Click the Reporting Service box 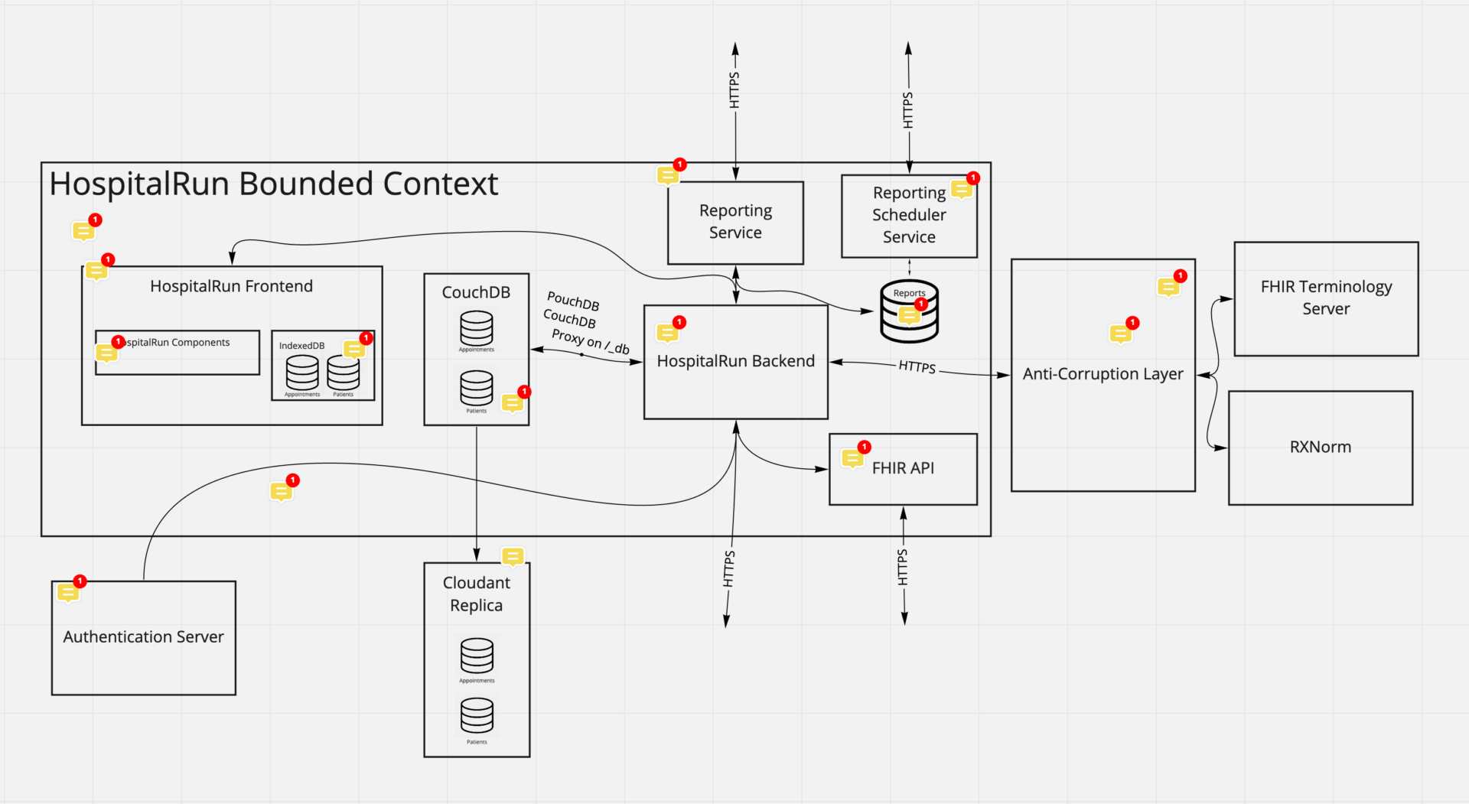[x=735, y=223]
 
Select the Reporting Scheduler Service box [x=909, y=216]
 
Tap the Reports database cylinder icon [x=909, y=312]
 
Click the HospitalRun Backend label [x=735, y=361]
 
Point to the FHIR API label [x=903, y=468]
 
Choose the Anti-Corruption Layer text [x=1103, y=374]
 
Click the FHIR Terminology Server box [x=1326, y=298]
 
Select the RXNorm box [x=1320, y=448]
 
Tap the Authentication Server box [x=144, y=637]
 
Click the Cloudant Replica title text [x=477, y=594]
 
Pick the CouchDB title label [x=476, y=292]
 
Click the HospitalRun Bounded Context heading [x=274, y=184]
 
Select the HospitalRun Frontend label [x=231, y=286]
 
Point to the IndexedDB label [x=301, y=346]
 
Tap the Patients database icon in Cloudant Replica [x=477, y=716]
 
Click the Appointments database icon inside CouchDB [x=477, y=327]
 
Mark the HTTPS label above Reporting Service [x=734, y=90]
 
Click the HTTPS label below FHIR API [x=903, y=568]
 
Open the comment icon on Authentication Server [x=68, y=592]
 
